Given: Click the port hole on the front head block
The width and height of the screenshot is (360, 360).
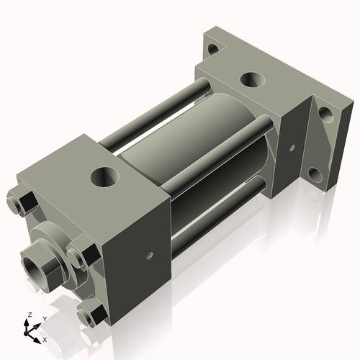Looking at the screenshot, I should (x=107, y=174).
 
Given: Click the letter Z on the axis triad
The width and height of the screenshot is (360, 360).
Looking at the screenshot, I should (x=28, y=315).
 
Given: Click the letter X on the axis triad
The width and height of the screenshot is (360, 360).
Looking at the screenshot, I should (x=45, y=338).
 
